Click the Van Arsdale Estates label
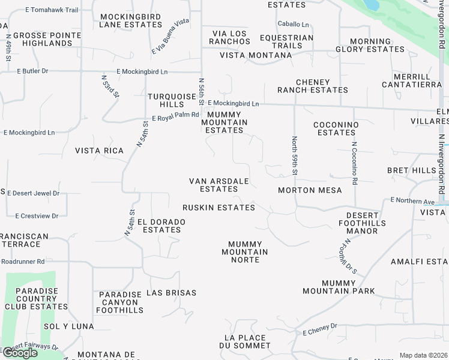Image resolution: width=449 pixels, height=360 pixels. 218,185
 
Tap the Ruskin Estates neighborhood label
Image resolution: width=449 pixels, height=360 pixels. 218,208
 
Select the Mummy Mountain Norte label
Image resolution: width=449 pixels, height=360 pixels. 245,252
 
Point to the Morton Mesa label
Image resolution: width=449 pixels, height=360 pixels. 310,190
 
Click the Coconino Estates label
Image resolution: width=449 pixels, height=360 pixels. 336,128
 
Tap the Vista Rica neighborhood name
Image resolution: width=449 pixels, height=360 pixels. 99,151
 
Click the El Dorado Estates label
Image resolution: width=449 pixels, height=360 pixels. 161,226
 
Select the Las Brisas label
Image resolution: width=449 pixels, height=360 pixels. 171,293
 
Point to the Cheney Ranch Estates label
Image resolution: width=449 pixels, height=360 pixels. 312,86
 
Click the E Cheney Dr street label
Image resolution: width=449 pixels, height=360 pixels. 321,329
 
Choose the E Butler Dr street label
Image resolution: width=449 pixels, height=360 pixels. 32,71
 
